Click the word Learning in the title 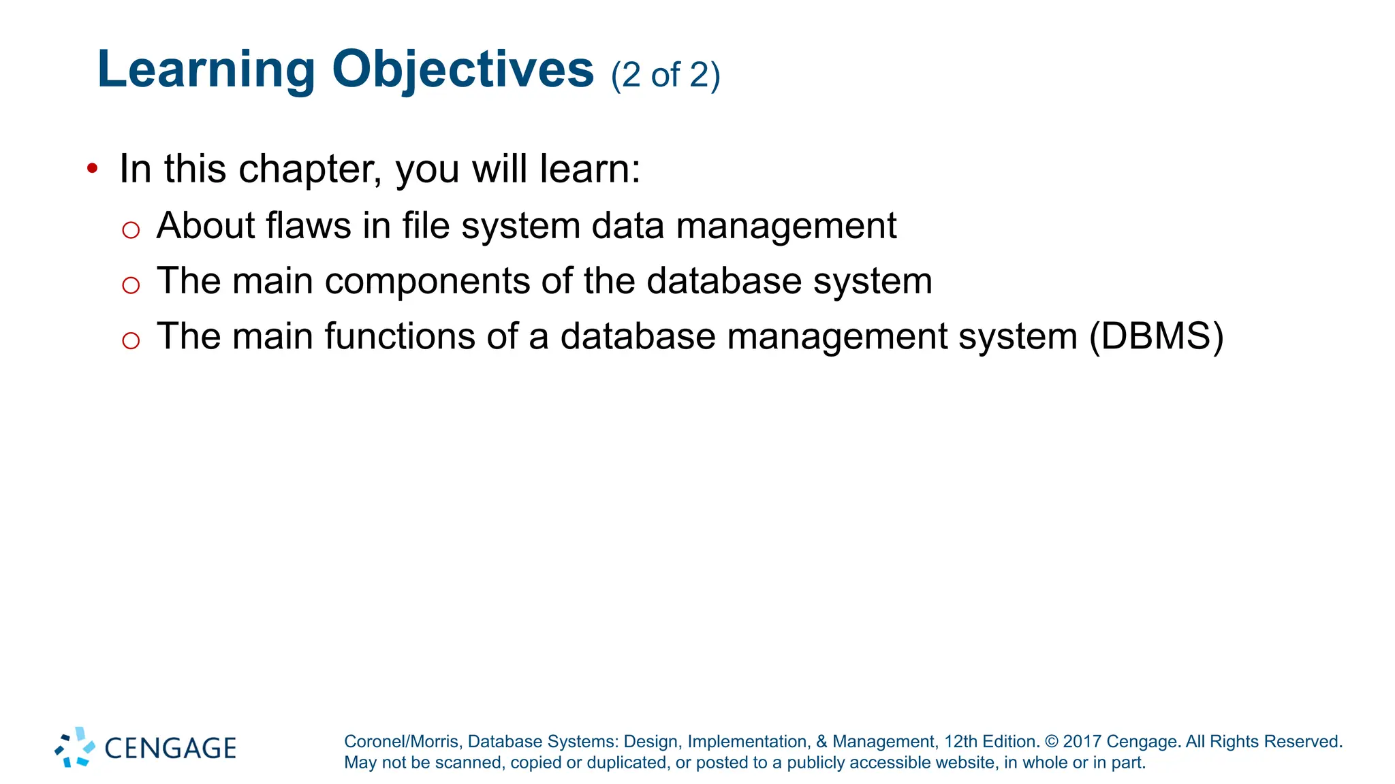206,70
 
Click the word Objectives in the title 463,70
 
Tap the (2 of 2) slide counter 665,75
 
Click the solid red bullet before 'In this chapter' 93,167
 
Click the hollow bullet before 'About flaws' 131,230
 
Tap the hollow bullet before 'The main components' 131,285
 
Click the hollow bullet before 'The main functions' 131,340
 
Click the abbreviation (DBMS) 1156,336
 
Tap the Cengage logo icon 75,747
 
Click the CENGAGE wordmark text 170,749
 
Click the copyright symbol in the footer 1052,742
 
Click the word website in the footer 964,763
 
